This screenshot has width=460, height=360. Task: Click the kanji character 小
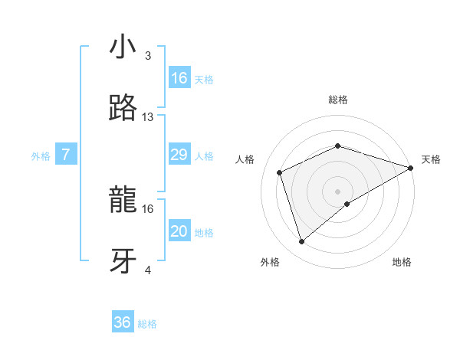(123, 47)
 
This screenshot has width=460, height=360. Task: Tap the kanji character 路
(123, 109)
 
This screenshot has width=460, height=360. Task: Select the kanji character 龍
(123, 201)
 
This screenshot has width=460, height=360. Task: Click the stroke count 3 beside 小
(148, 56)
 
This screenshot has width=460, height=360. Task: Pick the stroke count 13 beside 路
(148, 117)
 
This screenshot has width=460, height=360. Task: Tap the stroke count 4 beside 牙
(148, 270)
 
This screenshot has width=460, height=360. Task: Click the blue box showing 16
(179, 78)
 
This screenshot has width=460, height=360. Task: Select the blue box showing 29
(179, 155)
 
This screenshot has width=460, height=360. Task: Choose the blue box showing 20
(179, 231)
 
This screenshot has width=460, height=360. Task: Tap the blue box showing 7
(66, 155)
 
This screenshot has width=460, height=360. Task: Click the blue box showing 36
(123, 322)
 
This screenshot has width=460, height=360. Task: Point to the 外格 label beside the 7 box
(41, 156)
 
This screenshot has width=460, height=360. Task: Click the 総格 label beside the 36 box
(147, 324)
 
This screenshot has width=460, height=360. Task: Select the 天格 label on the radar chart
(431, 159)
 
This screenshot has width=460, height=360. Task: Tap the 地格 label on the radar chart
(402, 262)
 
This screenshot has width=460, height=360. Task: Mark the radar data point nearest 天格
(411, 168)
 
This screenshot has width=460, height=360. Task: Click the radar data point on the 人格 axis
(281, 172)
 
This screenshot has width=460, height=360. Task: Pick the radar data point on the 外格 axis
(301, 242)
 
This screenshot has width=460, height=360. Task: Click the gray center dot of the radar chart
(338, 191)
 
